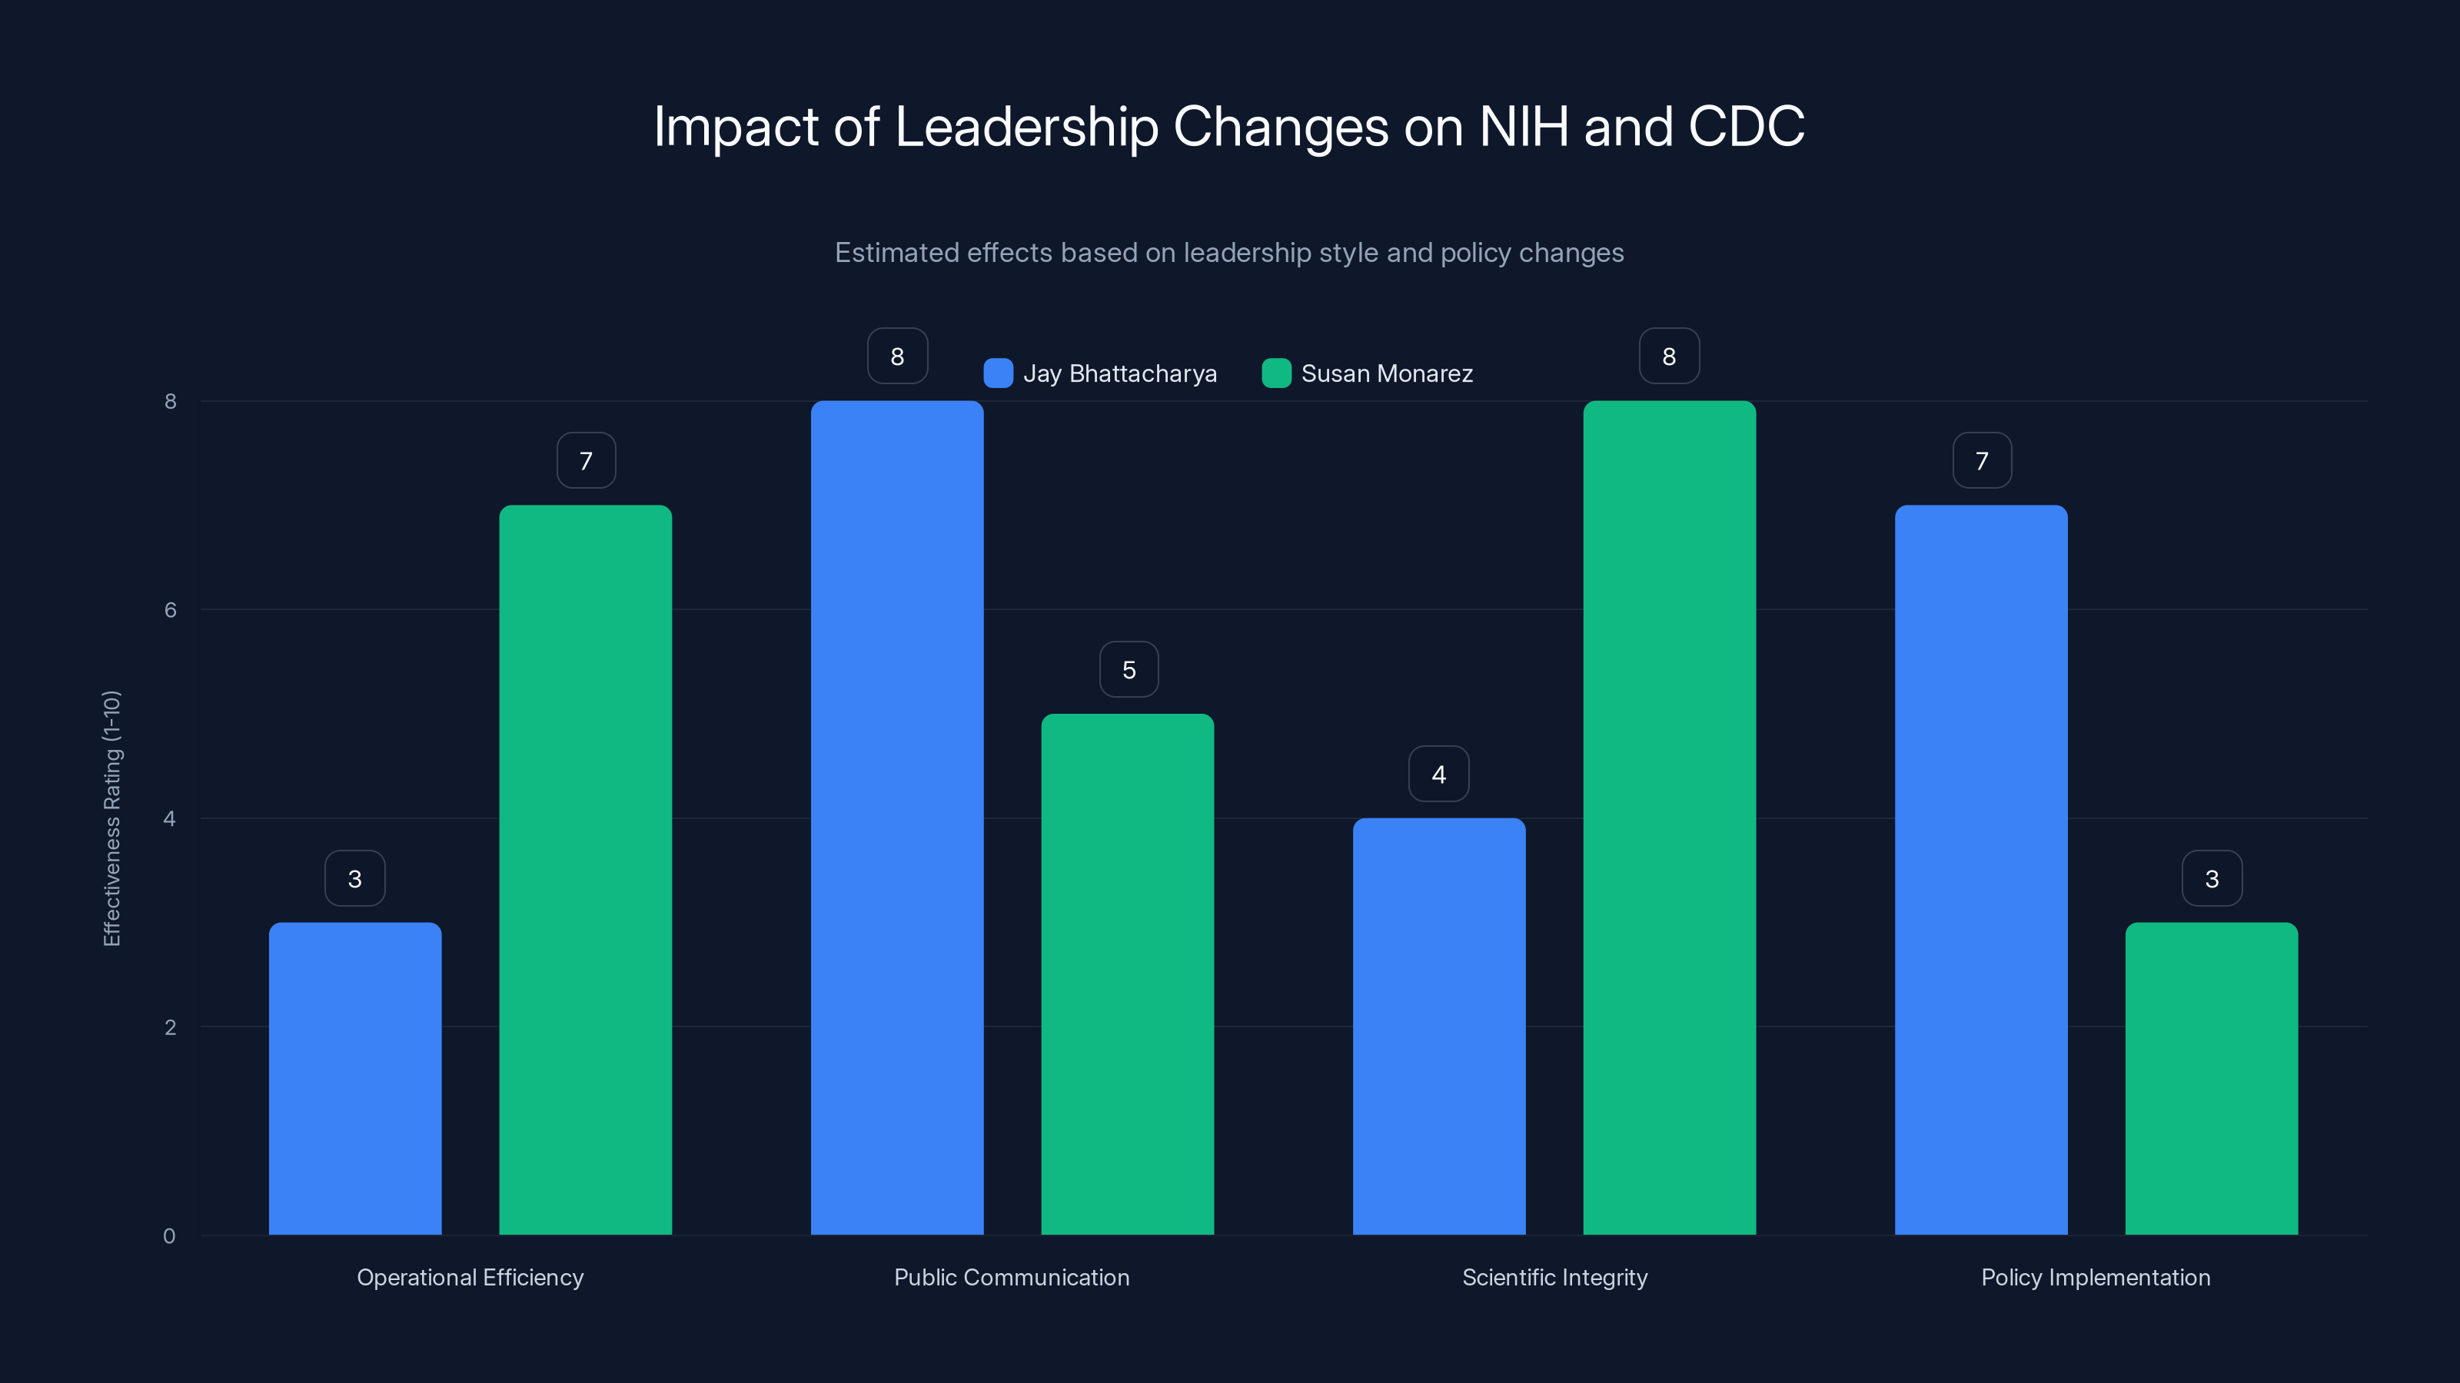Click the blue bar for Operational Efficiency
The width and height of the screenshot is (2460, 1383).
point(354,1079)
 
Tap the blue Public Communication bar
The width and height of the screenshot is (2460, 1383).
point(896,817)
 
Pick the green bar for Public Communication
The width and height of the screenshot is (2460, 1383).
point(1127,973)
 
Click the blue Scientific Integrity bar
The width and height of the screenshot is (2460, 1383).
point(1438,1026)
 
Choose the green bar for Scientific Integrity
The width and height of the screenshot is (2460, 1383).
point(1668,817)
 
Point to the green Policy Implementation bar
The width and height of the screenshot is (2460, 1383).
point(2211,1079)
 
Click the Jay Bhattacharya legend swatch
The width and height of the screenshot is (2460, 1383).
point(998,373)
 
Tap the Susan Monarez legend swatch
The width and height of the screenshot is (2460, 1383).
point(1276,373)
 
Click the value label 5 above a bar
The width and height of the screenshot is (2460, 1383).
point(1129,670)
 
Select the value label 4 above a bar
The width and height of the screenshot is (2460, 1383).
point(1438,774)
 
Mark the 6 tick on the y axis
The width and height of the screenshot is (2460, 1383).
point(170,610)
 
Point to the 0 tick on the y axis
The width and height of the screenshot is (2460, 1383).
point(169,1236)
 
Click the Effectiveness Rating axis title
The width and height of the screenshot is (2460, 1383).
point(111,818)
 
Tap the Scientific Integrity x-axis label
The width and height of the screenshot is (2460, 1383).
point(1554,1277)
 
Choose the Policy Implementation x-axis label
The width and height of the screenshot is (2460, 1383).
point(2095,1277)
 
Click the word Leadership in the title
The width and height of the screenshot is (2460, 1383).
point(1026,127)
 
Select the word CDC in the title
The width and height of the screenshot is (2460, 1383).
point(1746,127)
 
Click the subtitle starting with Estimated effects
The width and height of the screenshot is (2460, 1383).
point(1229,253)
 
